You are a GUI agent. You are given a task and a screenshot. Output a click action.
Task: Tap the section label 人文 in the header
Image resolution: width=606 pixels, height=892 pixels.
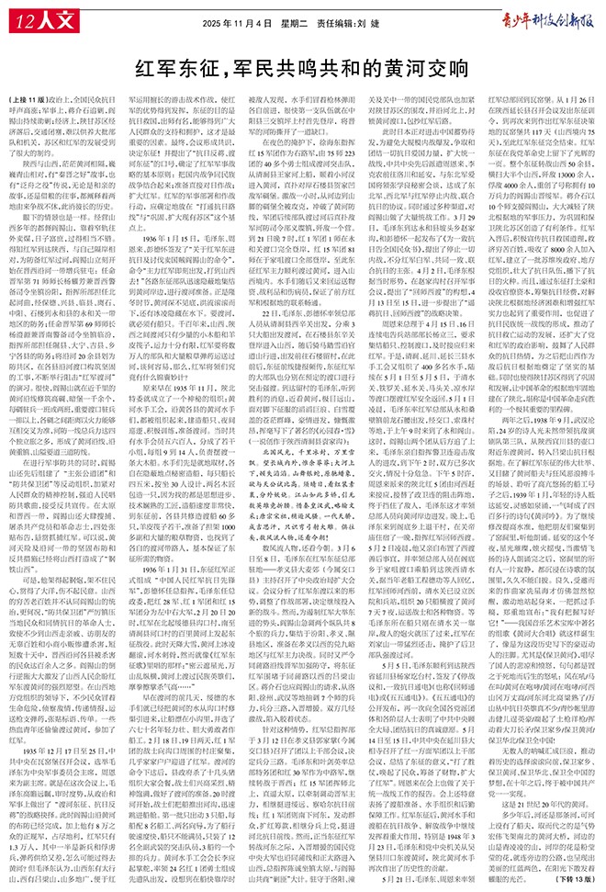coord(50,19)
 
